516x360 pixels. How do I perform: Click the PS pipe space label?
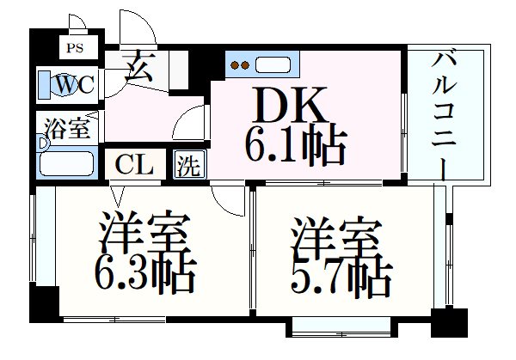coord(75,48)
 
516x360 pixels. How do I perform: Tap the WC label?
coord(75,84)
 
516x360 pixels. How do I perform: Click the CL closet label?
coord(134,164)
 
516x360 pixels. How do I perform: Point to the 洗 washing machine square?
coord(189,164)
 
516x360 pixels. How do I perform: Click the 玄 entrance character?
coord(138,68)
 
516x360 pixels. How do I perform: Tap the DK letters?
coord(291,104)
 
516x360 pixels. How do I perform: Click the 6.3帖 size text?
coord(145,274)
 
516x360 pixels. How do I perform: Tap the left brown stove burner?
coord(235,65)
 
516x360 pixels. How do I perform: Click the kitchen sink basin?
coord(273,64)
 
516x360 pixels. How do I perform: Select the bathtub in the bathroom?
coord(66,163)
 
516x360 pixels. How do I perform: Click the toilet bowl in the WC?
coord(64,85)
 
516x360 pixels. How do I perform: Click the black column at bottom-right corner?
coord(449,323)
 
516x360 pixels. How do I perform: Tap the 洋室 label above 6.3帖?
coord(144,231)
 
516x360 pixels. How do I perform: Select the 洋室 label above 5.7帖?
coord(336,237)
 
